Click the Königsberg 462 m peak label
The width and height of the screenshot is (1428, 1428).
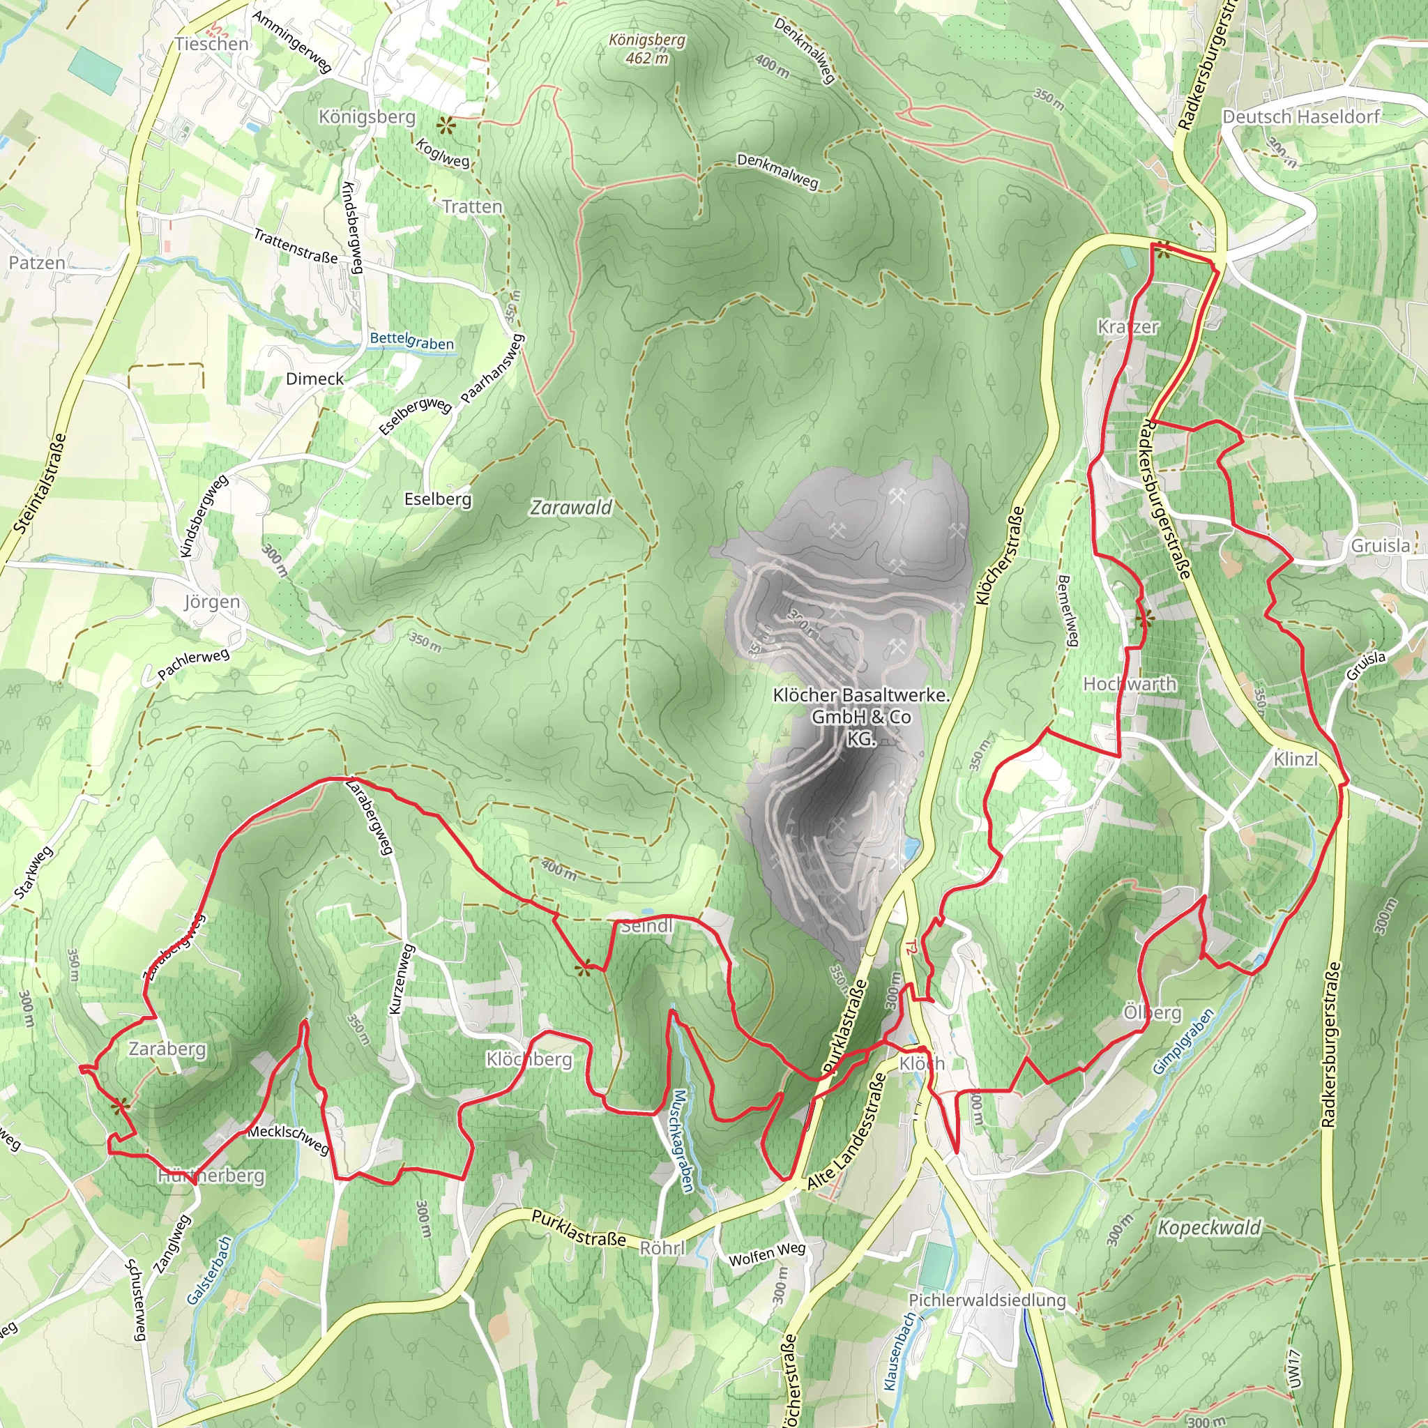click(x=647, y=49)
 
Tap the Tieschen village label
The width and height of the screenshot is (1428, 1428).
click(x=212, y=45)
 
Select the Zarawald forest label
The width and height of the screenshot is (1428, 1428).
click(x=571, y=508)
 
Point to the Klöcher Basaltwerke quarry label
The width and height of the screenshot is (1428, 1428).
click(x=861, y=716)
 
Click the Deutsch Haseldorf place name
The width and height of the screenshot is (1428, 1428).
click(x=1301, y=116)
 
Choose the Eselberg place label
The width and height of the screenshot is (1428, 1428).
click(x=438, y=500)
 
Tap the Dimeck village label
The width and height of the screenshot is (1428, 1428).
click(x=315, y=379)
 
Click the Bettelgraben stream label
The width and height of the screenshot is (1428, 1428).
click(x=411, y=341)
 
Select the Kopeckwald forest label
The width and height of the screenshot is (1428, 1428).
click(x=1208, y=1228)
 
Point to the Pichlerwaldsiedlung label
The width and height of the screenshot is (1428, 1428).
click(x=987, y=1300)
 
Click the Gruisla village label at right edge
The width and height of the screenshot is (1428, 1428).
click(x=1379, y=545)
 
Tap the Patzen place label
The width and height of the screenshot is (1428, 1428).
click(x=37, y=263)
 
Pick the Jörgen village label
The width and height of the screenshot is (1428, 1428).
click(x=212, y=602)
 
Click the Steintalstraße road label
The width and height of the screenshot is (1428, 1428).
click(x=40, y=483)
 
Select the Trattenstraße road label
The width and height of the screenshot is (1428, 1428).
click(x=296, y=246)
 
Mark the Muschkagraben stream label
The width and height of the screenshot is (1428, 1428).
click(x=681, y=1141)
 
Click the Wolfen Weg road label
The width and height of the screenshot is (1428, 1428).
click(x=766, y=1254)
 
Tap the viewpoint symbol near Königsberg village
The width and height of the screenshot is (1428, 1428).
click(x=446, y=126)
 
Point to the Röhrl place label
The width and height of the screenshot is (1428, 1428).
click(x=662, y=1247)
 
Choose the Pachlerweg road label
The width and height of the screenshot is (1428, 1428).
click(x=194, y=663)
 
